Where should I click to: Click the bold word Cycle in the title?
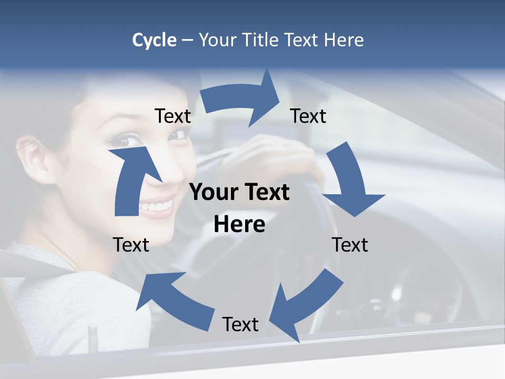[x=154, y=40]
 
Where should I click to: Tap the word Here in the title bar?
[x=344, y=40]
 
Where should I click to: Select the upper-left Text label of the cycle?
[x=173, y=116]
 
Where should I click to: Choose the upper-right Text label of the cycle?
[x=308, y=116]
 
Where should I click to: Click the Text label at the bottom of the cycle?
[x=240, y=324]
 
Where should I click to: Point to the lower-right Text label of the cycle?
[x=350, y=245]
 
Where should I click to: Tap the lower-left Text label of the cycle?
[x=131, y=245]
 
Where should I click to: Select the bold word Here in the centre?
[x=239, y=224]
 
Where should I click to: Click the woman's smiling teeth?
[x=158, y=205]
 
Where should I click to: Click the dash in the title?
[x=187, y=40]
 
